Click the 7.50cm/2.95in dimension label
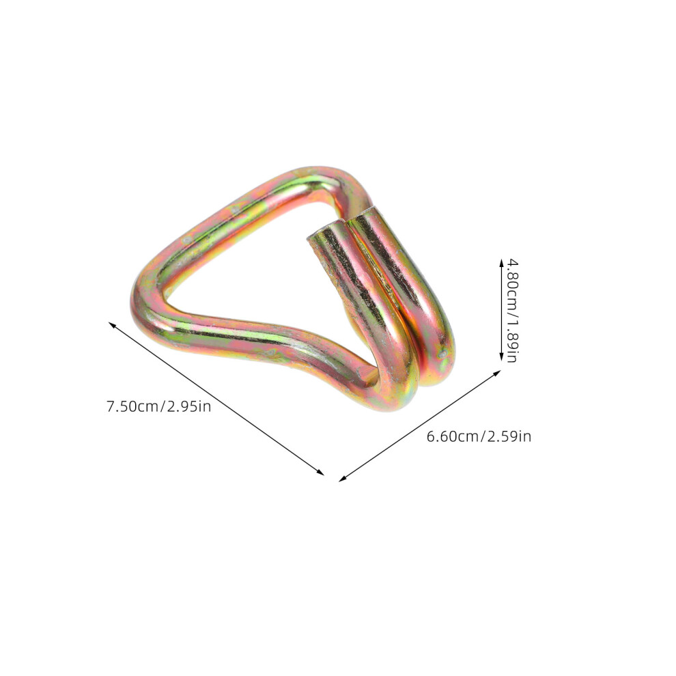pyautogui.click(x=158, y=406)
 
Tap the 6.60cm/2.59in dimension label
pyautogui.click(x=479, y=436)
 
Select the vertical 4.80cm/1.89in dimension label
pyautogui.click(x=511, y=311)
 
